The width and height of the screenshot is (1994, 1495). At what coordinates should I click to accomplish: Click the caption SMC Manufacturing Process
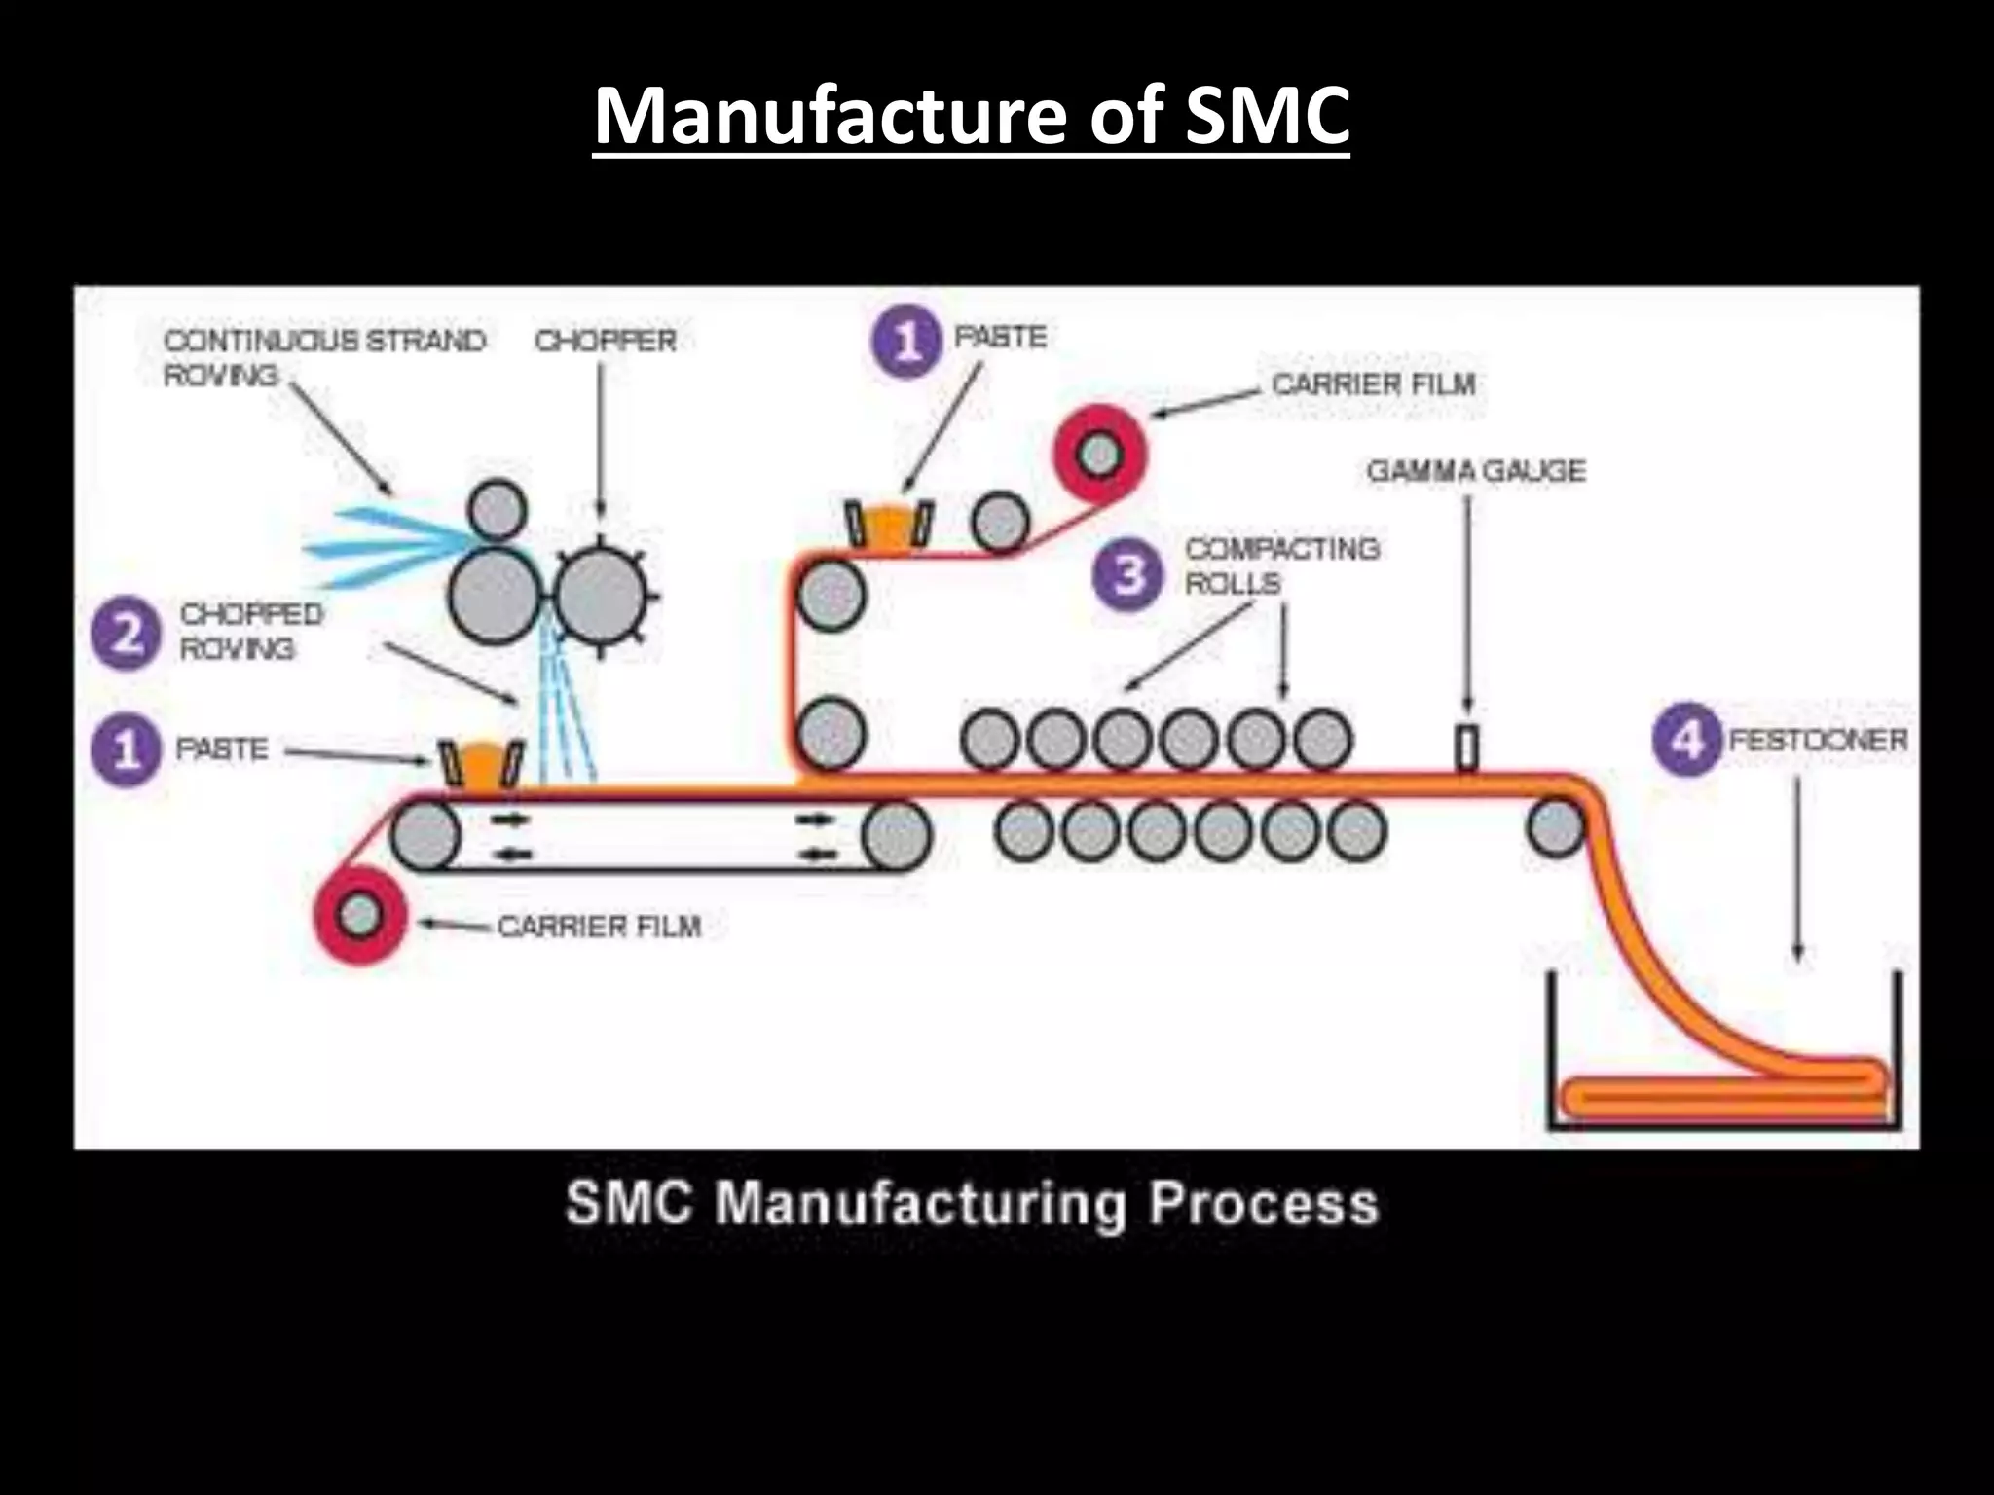tap(972, 1204)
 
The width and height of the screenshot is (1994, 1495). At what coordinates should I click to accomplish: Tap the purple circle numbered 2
tap(125, 635)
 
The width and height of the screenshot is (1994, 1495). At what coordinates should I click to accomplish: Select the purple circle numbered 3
tap(1127, 574)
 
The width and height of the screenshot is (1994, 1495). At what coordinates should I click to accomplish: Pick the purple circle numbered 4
tap(1687, 740)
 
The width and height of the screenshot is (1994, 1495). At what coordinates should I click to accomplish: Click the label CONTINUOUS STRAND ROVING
tap(323, 357)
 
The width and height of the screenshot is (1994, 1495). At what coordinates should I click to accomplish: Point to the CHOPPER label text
tap(605, 341)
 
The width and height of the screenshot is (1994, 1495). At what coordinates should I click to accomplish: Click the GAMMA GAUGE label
tap(1475, 471)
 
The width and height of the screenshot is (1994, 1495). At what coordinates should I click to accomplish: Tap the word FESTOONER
tap(1817, 740)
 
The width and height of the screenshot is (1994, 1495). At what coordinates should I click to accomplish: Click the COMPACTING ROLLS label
tap(1281, 565)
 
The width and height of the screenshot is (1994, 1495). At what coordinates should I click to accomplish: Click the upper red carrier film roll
tap(1100, 455)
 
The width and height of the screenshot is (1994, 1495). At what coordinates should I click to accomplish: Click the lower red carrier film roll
tap(359, 915)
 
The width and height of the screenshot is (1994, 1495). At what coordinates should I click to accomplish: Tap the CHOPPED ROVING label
tap(251, 631)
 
